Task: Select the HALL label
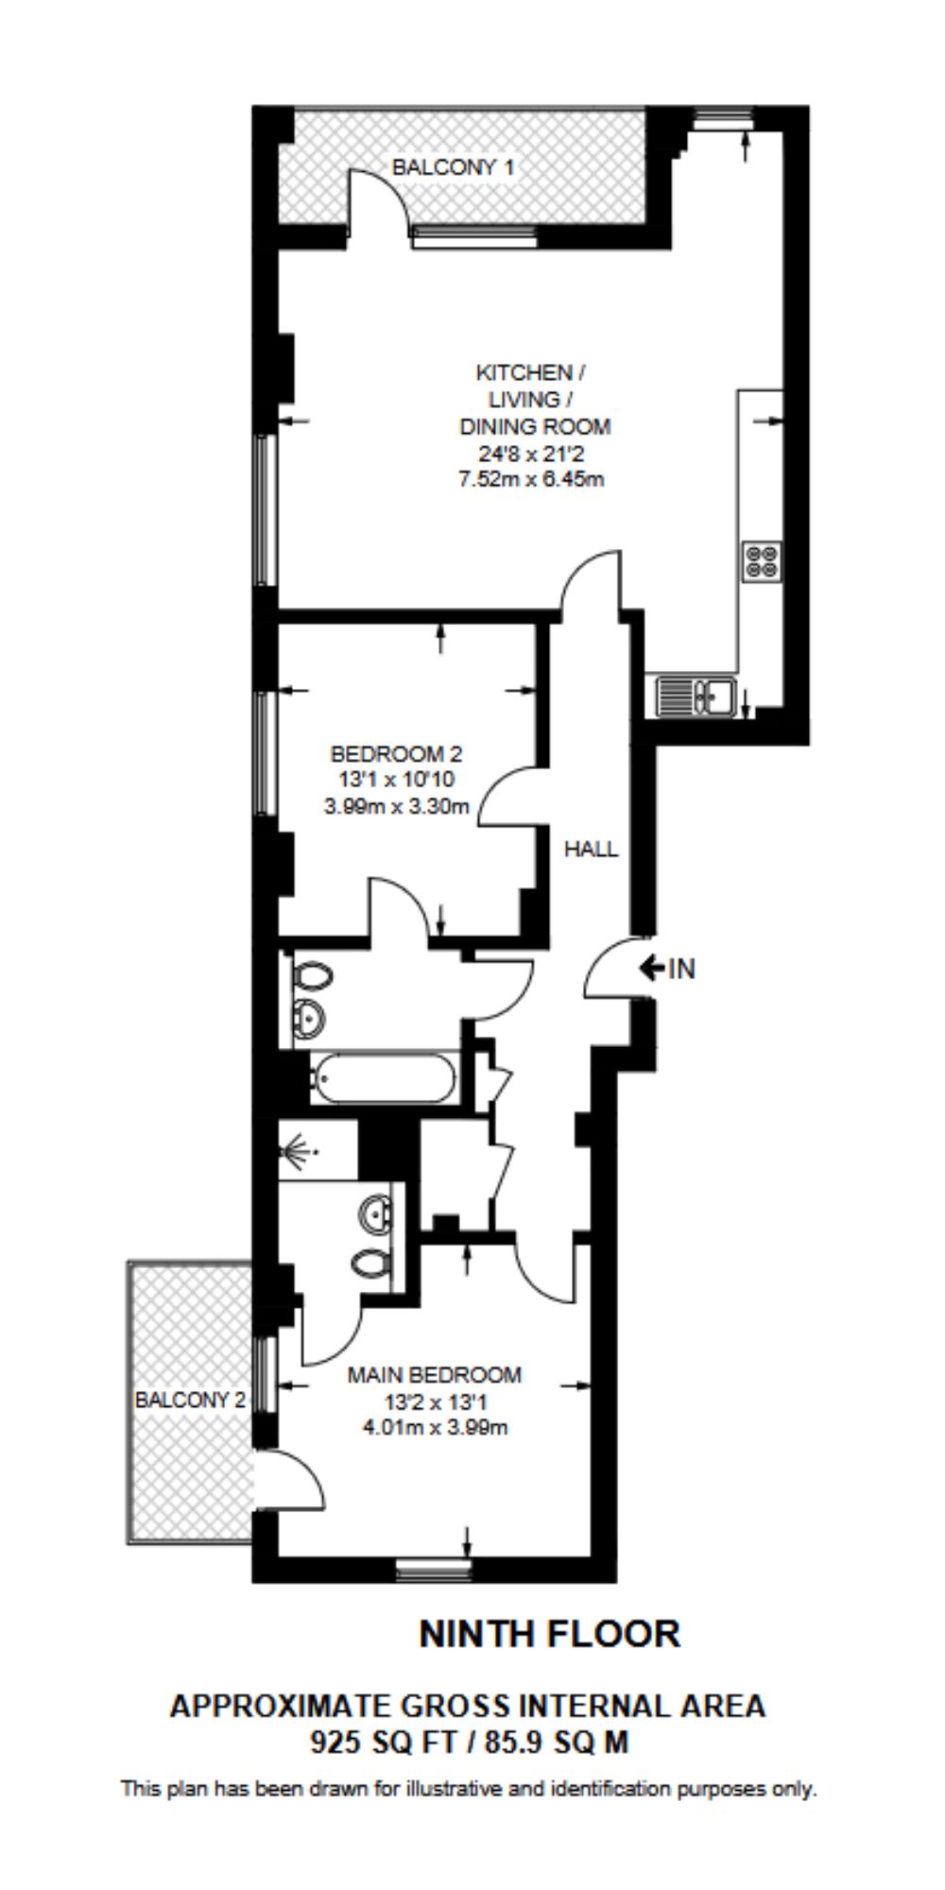click(591, 849)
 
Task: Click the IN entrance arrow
click(652, 968)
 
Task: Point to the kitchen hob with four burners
click(762, 560)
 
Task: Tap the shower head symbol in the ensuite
click(300, 1152)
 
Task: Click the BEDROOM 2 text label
click(396, 754)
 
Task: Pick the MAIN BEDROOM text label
click(435, 1375)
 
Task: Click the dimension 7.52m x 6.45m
click(531, 479)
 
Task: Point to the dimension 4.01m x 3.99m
click(435, 1427)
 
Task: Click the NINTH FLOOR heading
click(550, 1634)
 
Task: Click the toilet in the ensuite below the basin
click(370, 1262)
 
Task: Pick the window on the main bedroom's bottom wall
click(433, 1570)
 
